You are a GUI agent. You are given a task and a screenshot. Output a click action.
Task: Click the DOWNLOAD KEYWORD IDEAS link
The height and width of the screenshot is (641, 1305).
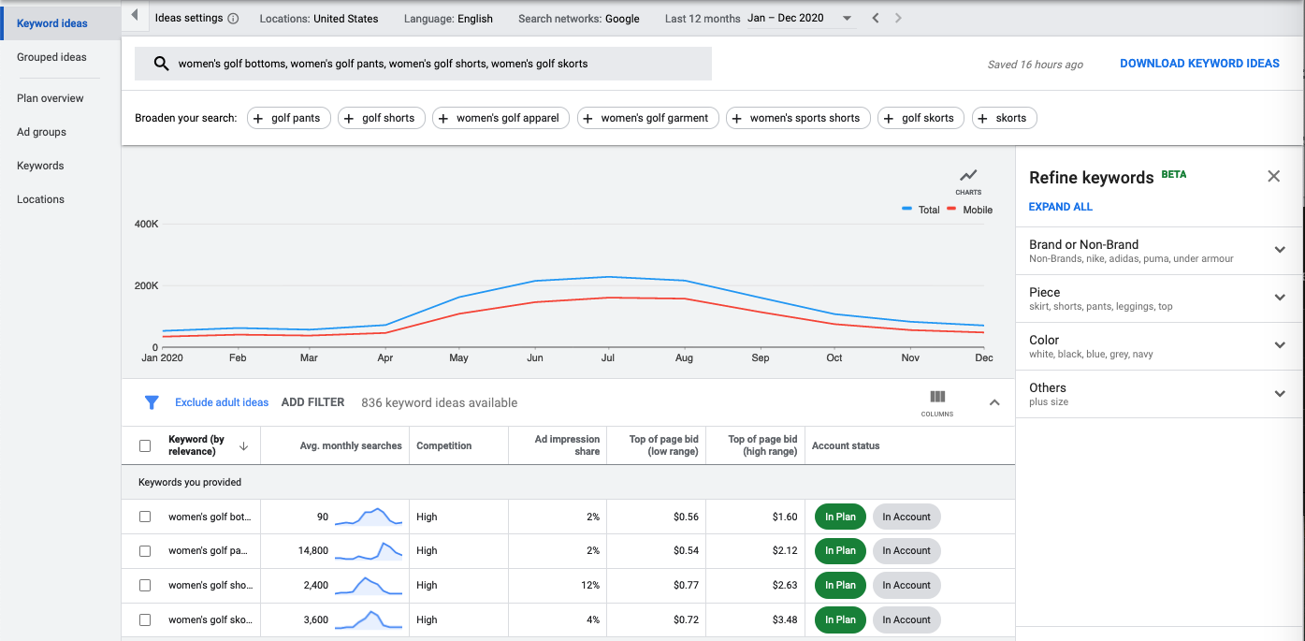click(1199, 64)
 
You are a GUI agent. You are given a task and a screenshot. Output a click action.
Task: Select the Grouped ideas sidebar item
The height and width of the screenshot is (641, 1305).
click(51, 57)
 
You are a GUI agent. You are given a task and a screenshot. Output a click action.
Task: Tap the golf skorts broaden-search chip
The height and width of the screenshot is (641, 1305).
click(920, 118)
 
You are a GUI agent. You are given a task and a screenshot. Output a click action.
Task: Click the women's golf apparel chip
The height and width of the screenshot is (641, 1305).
click(500, 118)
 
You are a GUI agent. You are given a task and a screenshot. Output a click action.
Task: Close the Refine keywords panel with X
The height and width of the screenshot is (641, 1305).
click(1273, 176)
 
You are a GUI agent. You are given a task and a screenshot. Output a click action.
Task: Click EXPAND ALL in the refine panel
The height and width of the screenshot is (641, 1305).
click(1060, 207)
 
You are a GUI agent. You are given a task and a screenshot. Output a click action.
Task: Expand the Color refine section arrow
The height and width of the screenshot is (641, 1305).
click(1280, 344)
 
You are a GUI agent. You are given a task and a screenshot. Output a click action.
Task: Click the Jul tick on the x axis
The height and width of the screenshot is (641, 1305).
click(608, 357)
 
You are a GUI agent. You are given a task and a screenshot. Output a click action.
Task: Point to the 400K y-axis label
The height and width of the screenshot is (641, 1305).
click(147, 225)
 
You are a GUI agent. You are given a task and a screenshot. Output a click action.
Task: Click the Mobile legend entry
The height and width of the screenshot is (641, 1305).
click(977, 210)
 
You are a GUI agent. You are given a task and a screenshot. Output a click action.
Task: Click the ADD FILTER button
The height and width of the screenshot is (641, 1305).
click(312, 402)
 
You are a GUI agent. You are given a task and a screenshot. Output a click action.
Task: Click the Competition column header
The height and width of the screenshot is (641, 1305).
click(443, 445)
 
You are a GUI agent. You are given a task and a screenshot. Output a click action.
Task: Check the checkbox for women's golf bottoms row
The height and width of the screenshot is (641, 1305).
click(145, 517)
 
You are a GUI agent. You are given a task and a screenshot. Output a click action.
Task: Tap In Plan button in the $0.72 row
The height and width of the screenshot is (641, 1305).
click(840, 619)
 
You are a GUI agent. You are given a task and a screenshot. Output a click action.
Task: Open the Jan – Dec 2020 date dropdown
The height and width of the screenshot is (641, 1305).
click(801, 19)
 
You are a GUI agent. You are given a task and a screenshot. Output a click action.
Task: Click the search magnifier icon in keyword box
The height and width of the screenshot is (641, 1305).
click(161, 64)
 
